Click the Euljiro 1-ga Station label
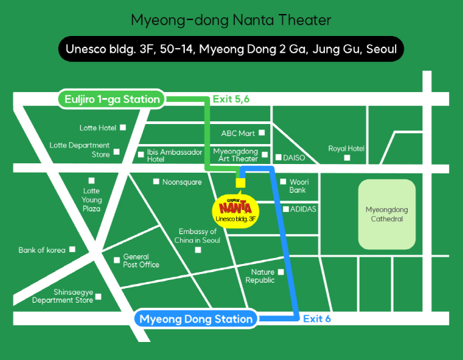tap(111, 99)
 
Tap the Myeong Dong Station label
tap(196, 319)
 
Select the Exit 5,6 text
tap(232, 99)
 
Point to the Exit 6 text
tap(317, 319)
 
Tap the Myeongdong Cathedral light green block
tap(386, 214)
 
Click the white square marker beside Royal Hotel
tap(346, 158)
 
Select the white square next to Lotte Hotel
tap(123, 127)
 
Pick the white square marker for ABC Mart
tap(262, 133)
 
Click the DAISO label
tap(294, 158)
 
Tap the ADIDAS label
tap(304, 209)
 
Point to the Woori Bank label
tap(298, 185)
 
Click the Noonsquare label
tap(182, 181)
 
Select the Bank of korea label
tap(42, 250)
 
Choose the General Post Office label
tap(141, 261)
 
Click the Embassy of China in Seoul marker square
tap(198, 250)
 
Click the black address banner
tap(231, 49)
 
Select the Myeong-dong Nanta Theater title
tap(231, 19)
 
